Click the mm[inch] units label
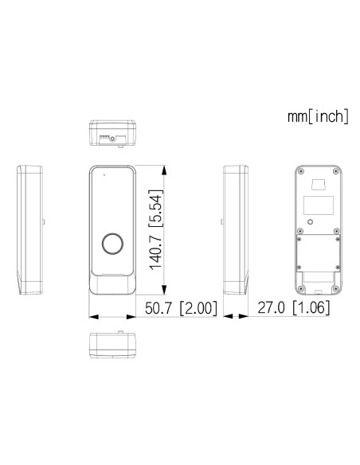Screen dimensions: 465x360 (x=318, y=117)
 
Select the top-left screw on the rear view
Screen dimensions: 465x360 (x=300, y=172)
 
